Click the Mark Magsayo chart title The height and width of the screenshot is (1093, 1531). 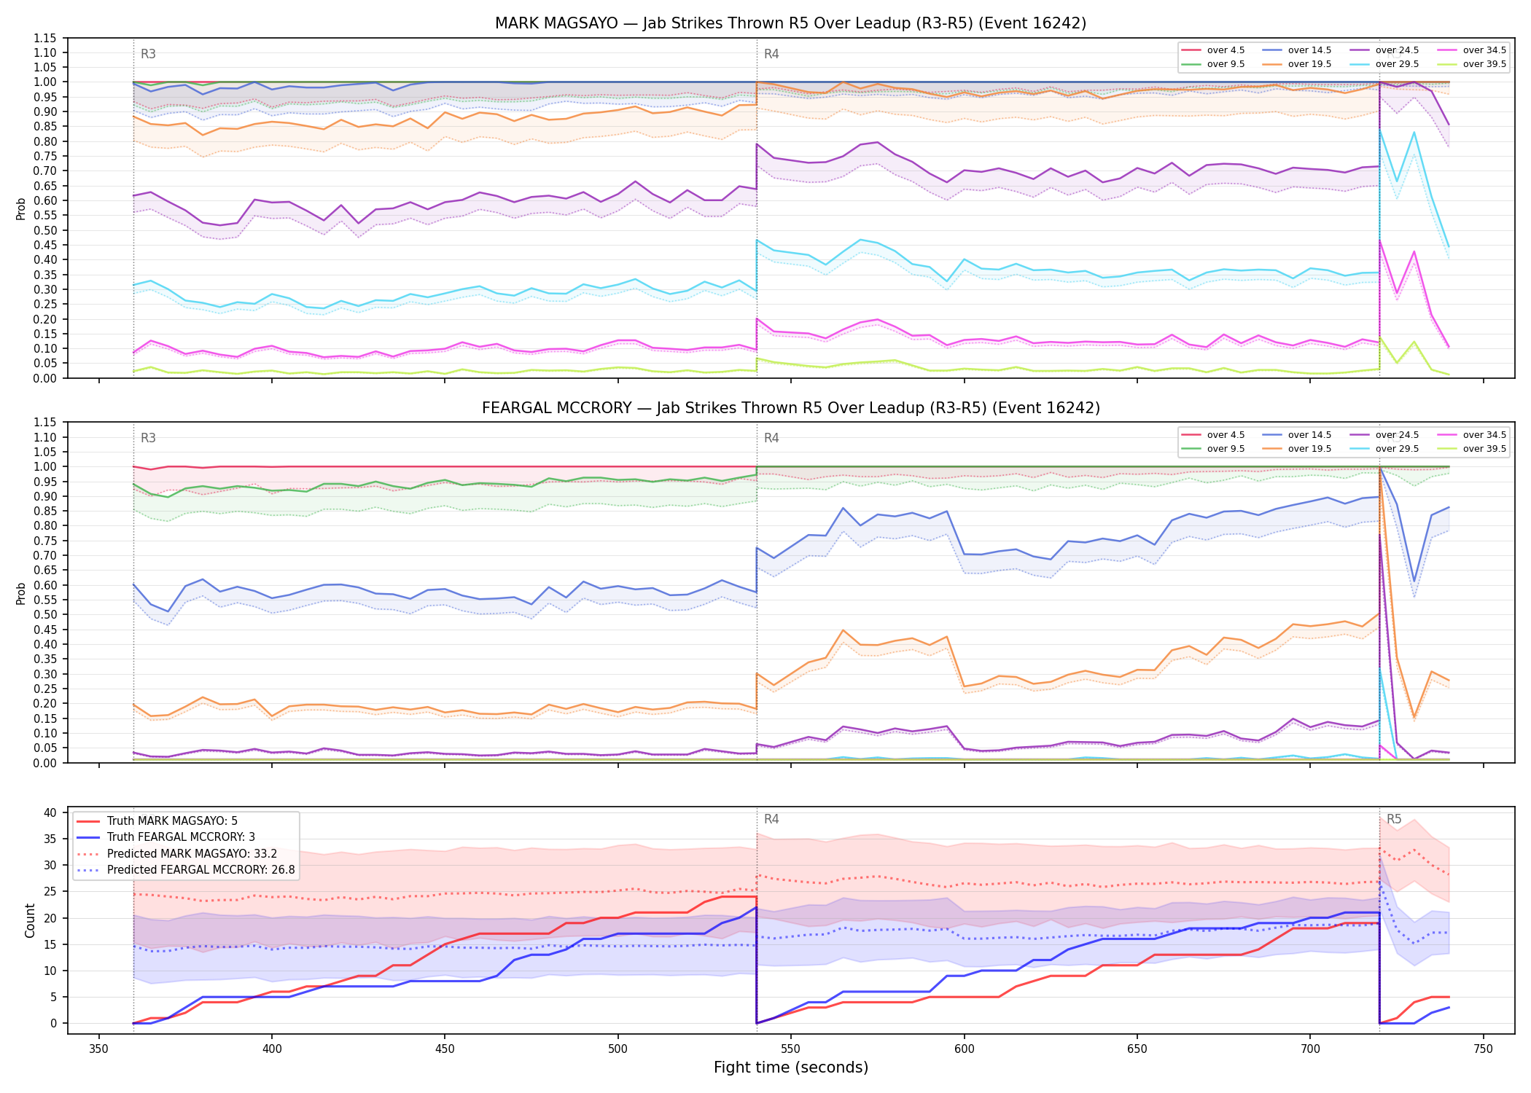(790, 23)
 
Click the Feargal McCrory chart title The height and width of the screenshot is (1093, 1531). (790, 408)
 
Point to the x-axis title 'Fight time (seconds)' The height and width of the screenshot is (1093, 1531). (791, 1067)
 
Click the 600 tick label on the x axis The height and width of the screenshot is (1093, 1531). (964, 1049)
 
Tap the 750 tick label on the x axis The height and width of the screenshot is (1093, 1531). (1483, 1049)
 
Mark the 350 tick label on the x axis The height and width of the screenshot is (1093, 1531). (98, 1049)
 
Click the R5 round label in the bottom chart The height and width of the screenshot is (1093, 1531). (1394, 819)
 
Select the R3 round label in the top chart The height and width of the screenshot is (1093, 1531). (148, 54)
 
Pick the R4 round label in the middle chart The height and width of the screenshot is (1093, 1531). (771, 438)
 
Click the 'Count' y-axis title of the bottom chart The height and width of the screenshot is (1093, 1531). (30, 920)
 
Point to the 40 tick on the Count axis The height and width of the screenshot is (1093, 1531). (50, 812)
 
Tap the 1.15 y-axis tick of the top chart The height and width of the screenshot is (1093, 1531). (45, 38)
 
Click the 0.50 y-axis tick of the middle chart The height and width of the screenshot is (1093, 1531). (45, 614)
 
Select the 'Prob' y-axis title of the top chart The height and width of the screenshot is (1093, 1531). (21, 208)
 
